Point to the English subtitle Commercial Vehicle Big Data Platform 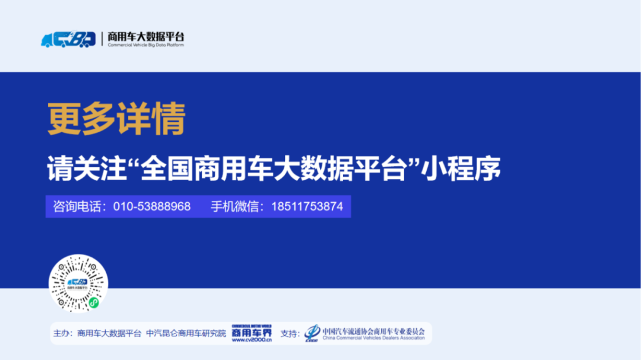tap(146, 45)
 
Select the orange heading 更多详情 tap(117, 119)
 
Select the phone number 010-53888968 tap(152, 206)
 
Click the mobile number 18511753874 tap(307, 206)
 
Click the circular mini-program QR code tap(78, 283)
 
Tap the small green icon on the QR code tap(93, 302)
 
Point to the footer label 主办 tap(62, 333)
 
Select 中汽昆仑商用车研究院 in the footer tap(186, 333)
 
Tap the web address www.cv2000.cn tap(252, 340)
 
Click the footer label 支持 tap(290, 333)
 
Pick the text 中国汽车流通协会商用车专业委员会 tap(373, 330)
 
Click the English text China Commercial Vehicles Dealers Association tap(373, 338)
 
